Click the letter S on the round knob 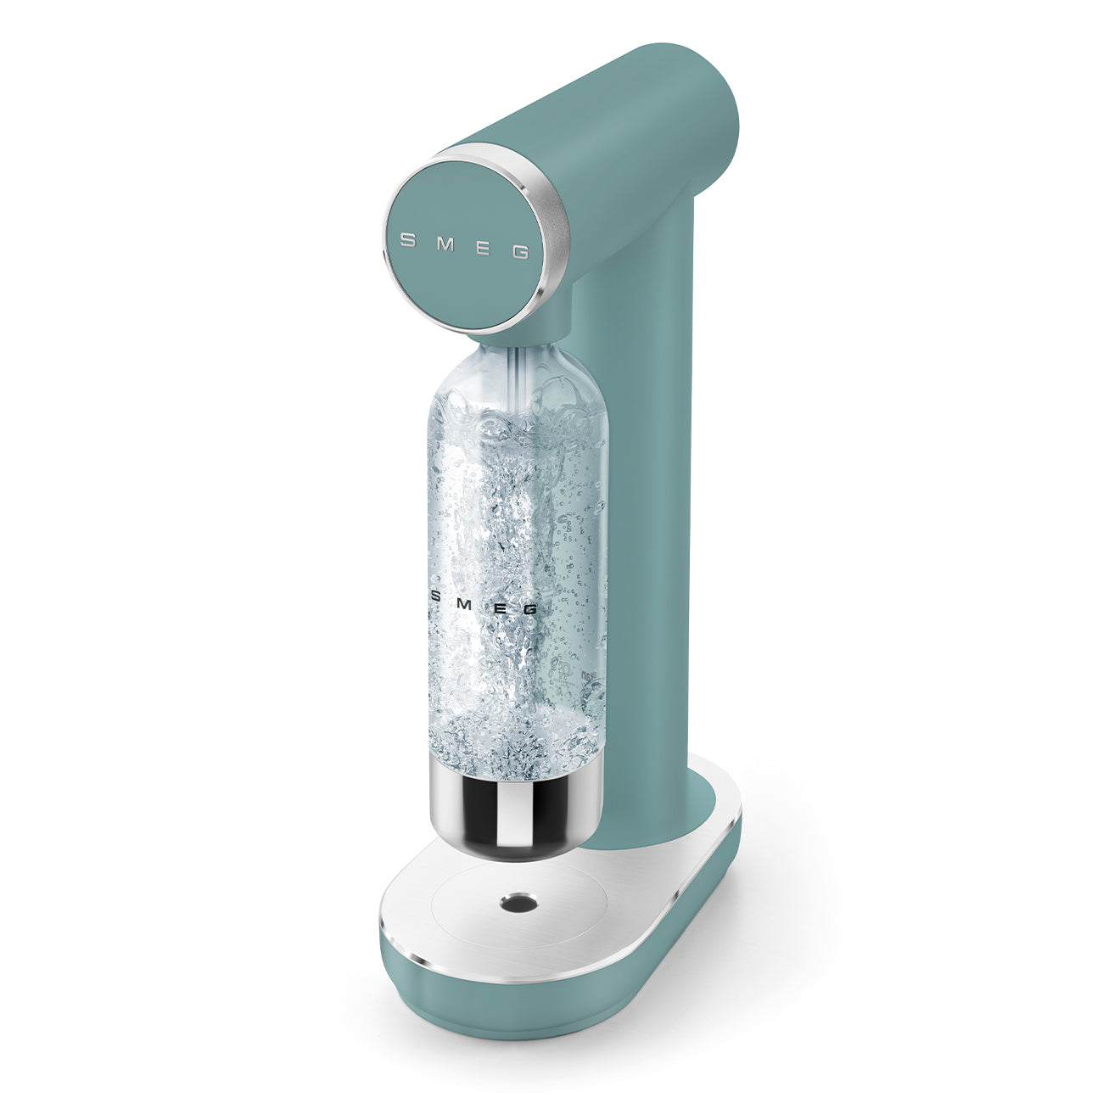point(406,239)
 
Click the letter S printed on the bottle point(437,596)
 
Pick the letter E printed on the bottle point(501,607)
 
